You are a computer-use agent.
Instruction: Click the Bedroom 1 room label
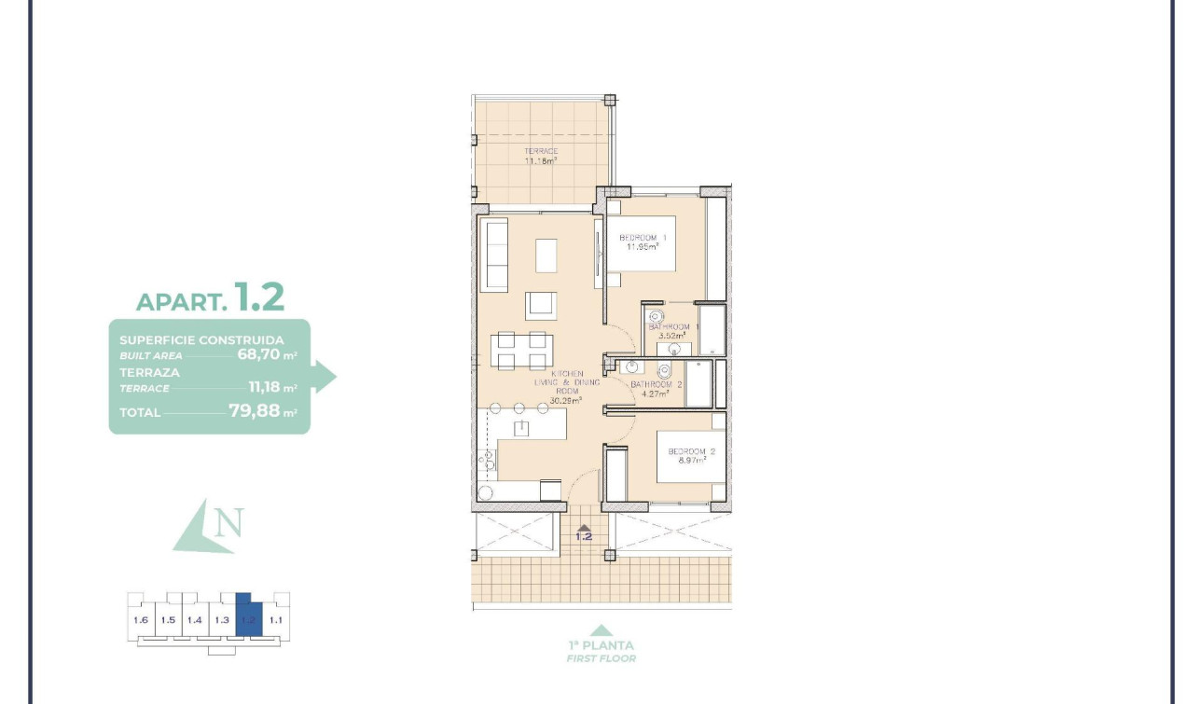click(x=642, y=238)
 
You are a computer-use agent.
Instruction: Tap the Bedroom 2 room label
click(x=691, y=452)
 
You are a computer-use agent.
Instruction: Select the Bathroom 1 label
click(x=672, y=326)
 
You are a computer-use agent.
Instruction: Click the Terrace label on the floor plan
click(x=541, y=151)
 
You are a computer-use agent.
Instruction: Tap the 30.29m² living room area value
click(x=565, y=400)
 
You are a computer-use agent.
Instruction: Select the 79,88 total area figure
click(x=255, y=410)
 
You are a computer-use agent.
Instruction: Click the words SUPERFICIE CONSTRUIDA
click(x=201, y=340)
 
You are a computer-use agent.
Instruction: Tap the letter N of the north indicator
click(x=228, y=523)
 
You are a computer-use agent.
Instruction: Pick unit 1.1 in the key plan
click(x=275, y=619)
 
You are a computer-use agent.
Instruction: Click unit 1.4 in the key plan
click(x=195, y=619)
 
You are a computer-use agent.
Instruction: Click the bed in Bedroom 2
click(x=690, y=455)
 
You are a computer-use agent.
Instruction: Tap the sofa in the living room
click(x=494, y=254)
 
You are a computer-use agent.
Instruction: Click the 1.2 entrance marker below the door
click(x=584, y=535)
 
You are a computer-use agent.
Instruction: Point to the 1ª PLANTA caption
click(x=601, y=645)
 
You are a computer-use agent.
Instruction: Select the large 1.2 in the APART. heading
click(x=259, y=297)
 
